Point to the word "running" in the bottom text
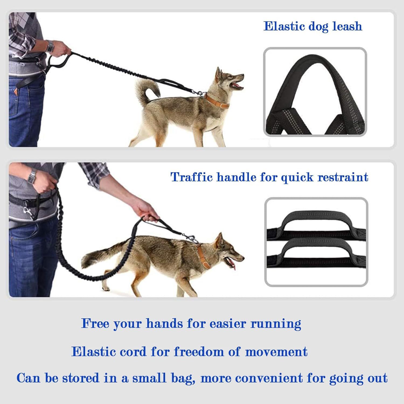coord(276,324)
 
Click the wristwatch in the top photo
coord(50,46)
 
